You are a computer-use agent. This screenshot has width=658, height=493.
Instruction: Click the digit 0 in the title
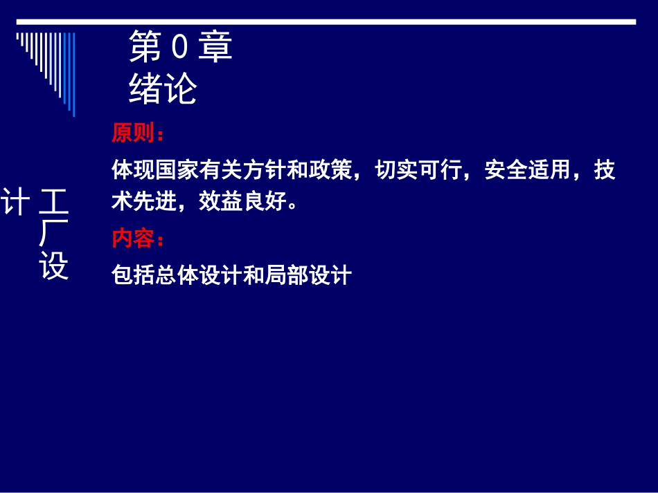tap(178, 48)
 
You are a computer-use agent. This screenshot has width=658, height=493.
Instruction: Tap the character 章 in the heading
tap(215, 48)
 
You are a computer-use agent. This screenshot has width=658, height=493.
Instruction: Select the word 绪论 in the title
tap(163, 89)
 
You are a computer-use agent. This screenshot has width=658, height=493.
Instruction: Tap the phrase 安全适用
tap(528, 170)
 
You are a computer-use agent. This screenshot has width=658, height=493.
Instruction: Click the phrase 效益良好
tap(242, 201)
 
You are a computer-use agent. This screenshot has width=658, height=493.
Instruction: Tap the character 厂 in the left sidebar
tap(54, 235)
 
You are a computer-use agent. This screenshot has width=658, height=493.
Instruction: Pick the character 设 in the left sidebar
tap(54, 268)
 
